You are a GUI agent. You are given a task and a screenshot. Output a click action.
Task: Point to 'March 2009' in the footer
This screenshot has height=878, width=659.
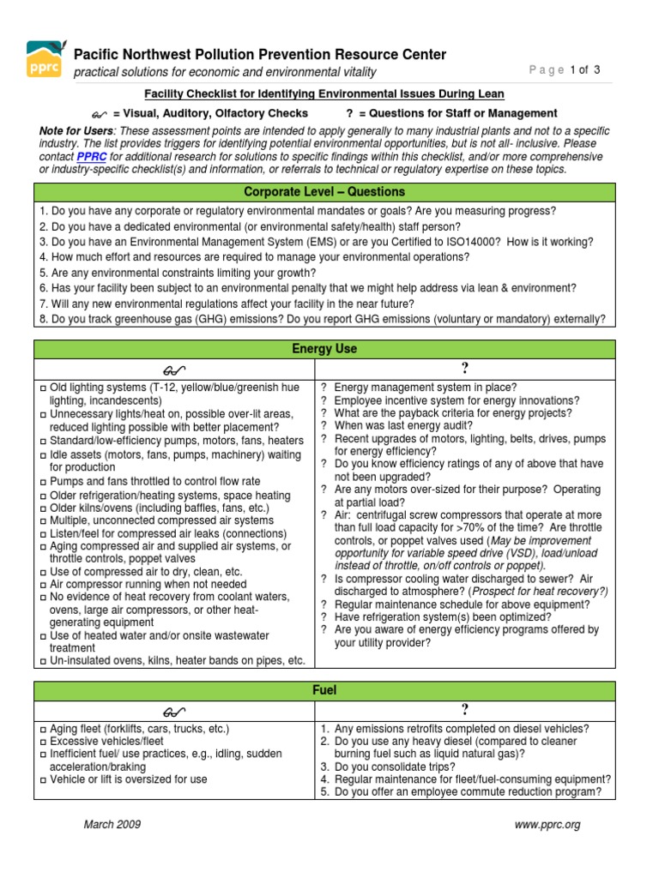coord(112,825)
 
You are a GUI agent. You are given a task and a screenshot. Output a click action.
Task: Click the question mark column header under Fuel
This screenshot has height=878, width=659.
coord(465,708)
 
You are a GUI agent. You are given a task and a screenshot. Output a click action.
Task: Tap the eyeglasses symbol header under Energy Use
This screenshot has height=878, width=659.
coord(174,369)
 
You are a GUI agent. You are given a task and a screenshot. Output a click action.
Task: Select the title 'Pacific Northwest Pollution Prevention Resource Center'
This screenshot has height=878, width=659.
coord(260,55)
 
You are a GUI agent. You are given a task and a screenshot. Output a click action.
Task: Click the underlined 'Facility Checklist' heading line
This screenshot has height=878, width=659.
coord(323,94)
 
